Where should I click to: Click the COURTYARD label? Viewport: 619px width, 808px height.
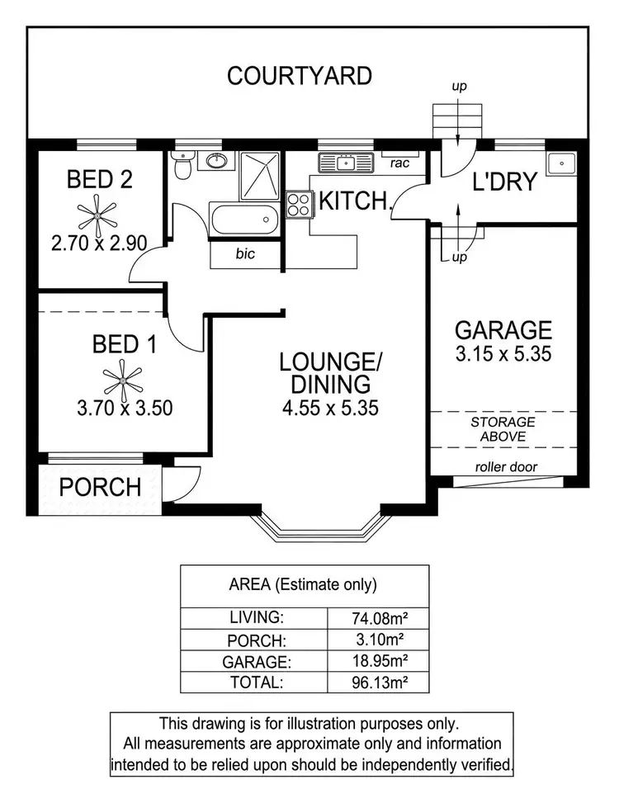click(299, 77)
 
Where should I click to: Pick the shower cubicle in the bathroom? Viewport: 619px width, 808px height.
click(261, 176)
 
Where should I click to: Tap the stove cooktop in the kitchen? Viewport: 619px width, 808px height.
click(298, 204)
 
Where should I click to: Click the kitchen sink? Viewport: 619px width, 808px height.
click(338, 163)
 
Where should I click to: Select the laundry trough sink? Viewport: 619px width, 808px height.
click(564, 163)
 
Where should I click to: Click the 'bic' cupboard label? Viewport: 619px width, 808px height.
click(245, 254)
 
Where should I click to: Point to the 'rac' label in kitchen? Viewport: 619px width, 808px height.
click(400, 163)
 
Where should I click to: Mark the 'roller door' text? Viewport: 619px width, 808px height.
click(506, 467)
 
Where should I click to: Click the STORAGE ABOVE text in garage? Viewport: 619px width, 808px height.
click(503, 428)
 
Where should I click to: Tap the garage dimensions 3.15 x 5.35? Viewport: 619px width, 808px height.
click(503, 355)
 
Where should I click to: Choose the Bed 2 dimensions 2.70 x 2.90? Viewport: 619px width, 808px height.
click(99, 244)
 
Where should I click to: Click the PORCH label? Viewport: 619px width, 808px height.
click(101, 487)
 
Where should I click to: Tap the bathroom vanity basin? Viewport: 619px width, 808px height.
click(217, 160)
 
